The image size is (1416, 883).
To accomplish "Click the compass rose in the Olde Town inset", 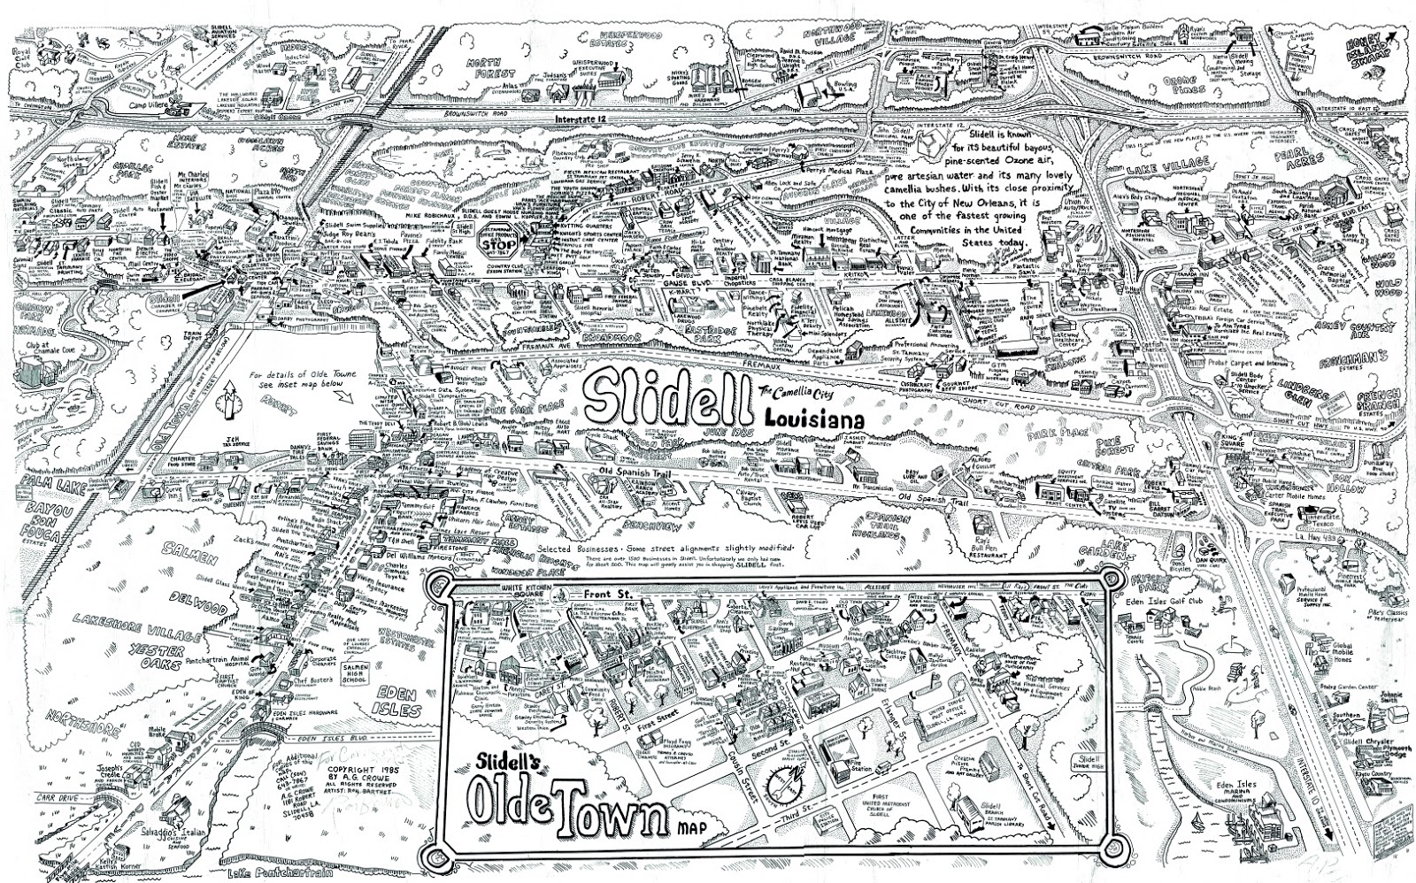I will [x=784, y=782].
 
